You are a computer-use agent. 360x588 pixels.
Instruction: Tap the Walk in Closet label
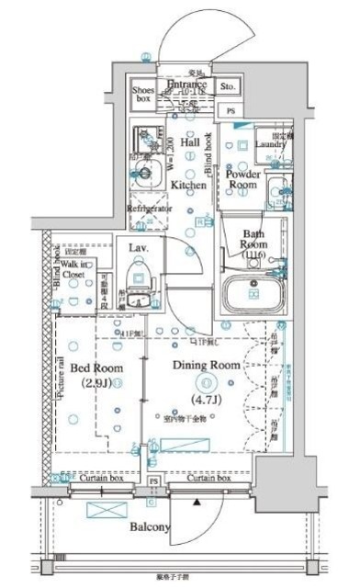[x=73, y=269]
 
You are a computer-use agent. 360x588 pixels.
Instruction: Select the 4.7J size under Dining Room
[x=206, y=401]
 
